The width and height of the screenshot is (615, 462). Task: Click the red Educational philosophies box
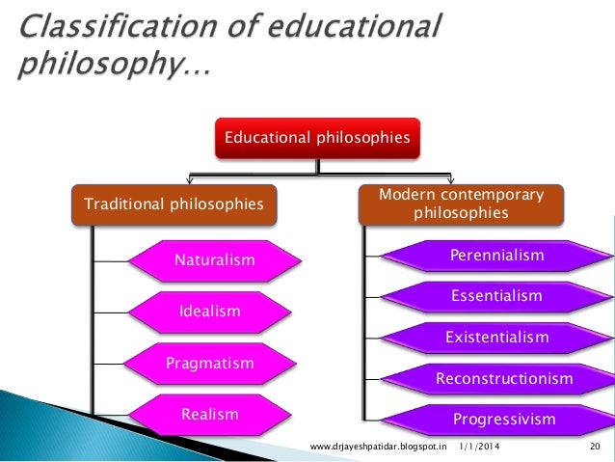pyautogui.click(x=317, y=138)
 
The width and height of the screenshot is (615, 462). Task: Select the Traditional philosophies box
pyautogui.click(x=174, y=204)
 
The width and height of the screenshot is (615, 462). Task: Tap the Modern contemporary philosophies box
pyautogui.click(x=460, y=204)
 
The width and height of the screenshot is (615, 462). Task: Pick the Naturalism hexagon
pyautogui.click(x=214, y=260)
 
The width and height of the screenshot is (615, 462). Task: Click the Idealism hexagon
pyautogui.click(x=210, y=312)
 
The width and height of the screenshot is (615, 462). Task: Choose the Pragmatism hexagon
pyautogui.click(x=209, y=364)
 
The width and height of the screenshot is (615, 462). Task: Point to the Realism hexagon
pyautogui.click(x=209, y=415)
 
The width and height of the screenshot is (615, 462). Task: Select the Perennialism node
pyautogui.click(x=496, y=256)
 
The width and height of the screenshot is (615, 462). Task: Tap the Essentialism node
pyautogui.click(x=496, y=296)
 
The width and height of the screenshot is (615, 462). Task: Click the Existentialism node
pyautogui.click(x=496, y=338)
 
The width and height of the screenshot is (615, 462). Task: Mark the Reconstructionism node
pyautogui.click(x=504, y=379)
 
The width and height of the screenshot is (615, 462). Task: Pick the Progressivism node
pyautogui.click(x=504, y=420)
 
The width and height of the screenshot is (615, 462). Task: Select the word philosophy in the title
pyautogui.click(x=96, y=68)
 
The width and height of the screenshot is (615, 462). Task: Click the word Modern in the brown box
pyautogui.click(x=404, y=195)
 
